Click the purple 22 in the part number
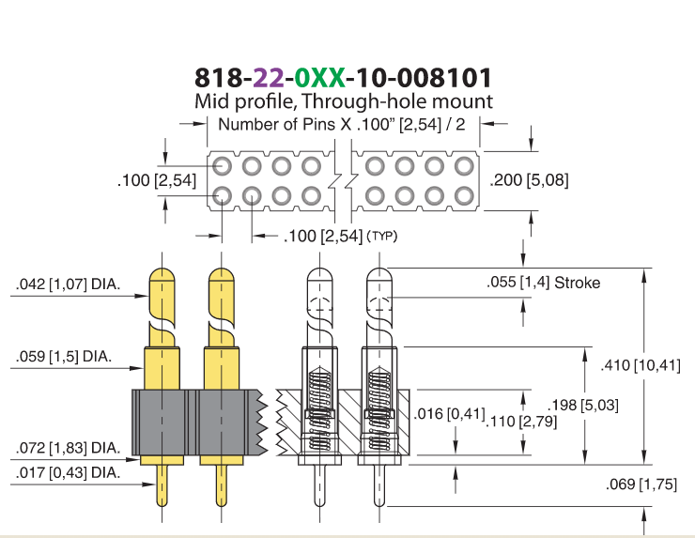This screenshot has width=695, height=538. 269,78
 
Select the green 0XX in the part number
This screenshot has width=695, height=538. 319,78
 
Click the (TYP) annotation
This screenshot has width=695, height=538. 382,237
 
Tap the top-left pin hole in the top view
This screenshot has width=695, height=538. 222,166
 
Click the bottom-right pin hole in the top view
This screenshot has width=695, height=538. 464,196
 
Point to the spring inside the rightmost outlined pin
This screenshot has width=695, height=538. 379,407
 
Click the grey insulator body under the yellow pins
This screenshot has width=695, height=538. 196,423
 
